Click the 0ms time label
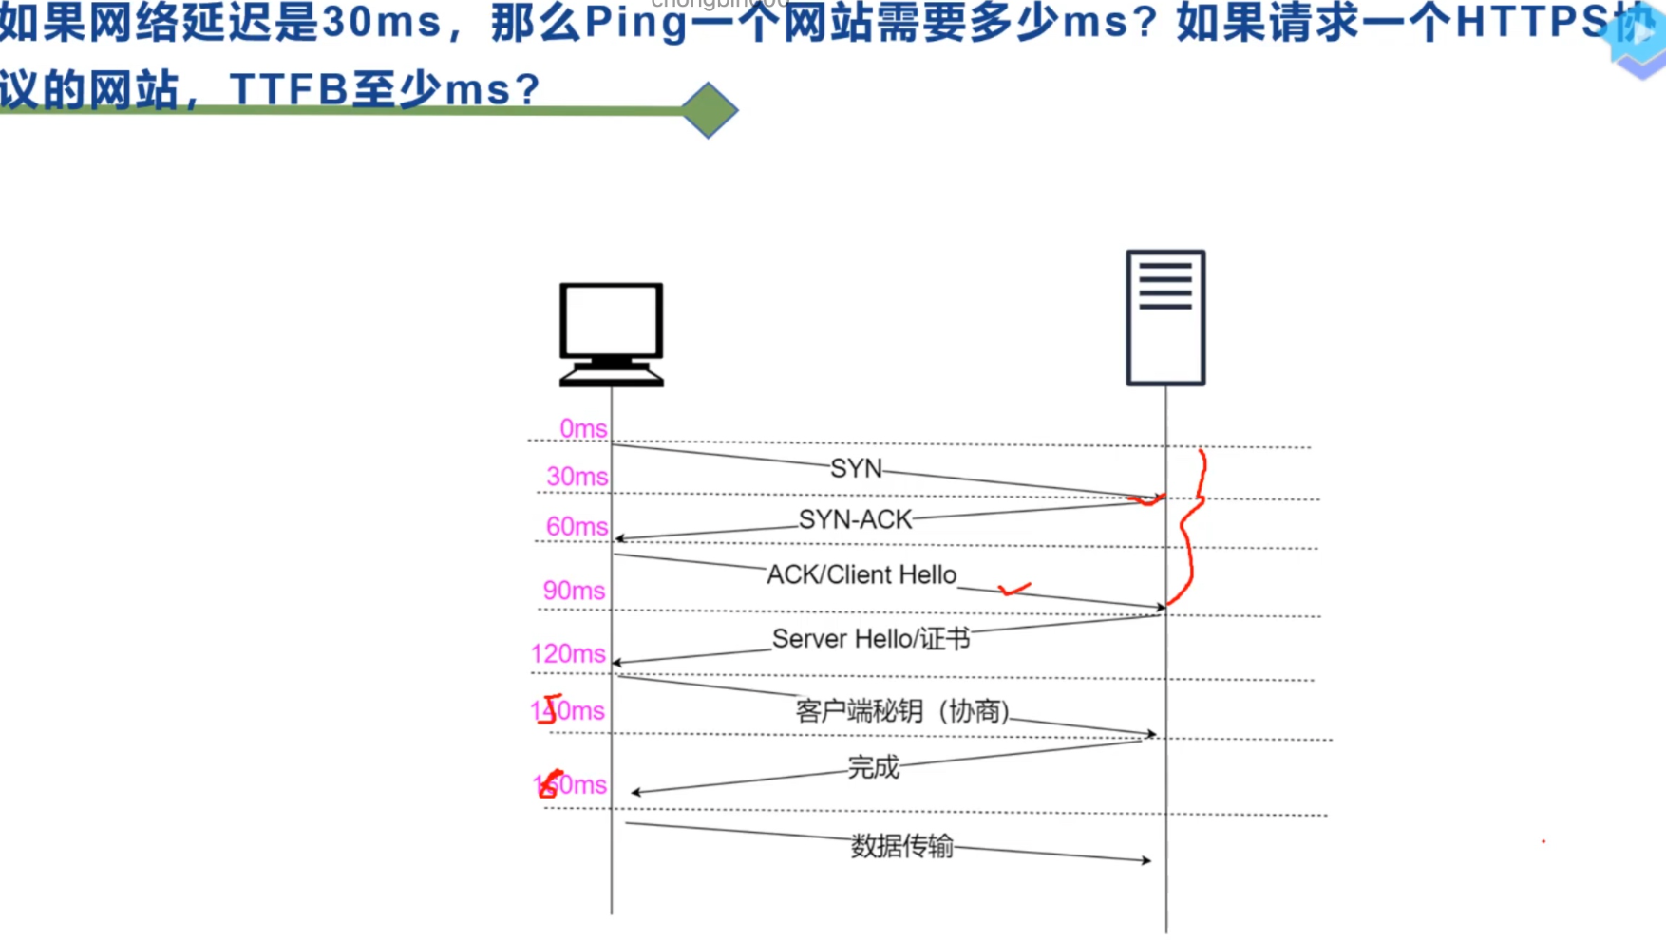582,428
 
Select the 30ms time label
577,476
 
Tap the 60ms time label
577,526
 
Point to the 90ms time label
574,590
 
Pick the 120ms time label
568,653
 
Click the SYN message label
856,468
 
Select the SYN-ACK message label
855,519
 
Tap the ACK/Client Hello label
861,574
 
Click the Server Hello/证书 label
871,638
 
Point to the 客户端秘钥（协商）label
902,710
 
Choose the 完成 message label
873,766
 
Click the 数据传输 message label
901,845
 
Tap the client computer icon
611,333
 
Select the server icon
1165,317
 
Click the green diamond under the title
709,110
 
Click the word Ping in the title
635,24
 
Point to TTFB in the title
289,90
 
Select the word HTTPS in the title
1531,24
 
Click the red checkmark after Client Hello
1014,590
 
